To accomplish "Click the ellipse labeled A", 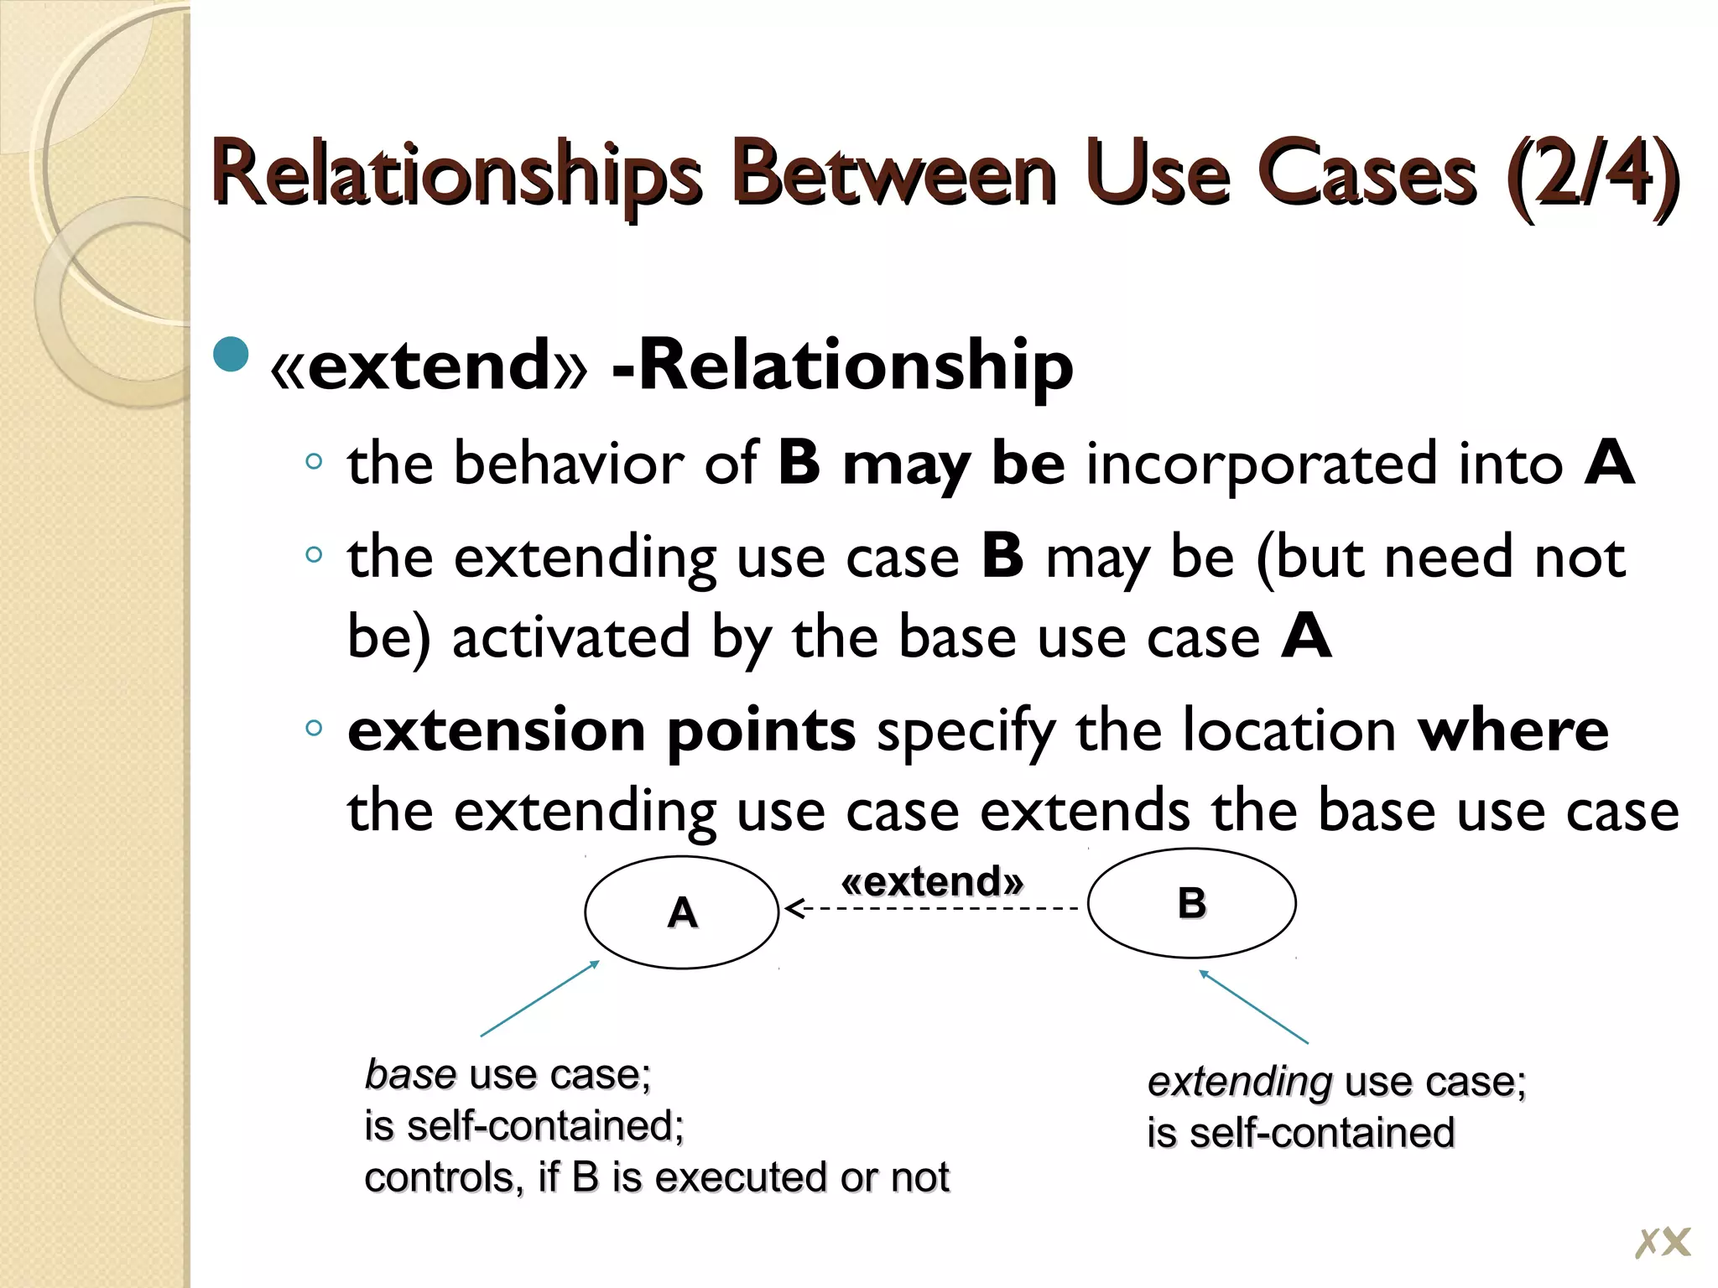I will pos(681,912).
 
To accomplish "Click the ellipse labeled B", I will pos(1191,903).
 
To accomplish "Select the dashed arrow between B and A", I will pos(931,908).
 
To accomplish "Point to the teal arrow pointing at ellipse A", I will pos(539,999).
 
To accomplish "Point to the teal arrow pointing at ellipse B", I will pos(1253,1006).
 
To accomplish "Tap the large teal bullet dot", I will pos(232,354).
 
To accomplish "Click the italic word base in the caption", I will pos(410,1074).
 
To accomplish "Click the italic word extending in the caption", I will pos(1239,1082).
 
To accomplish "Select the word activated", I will pos(570,637).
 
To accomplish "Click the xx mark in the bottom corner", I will pos(1662,1242).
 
